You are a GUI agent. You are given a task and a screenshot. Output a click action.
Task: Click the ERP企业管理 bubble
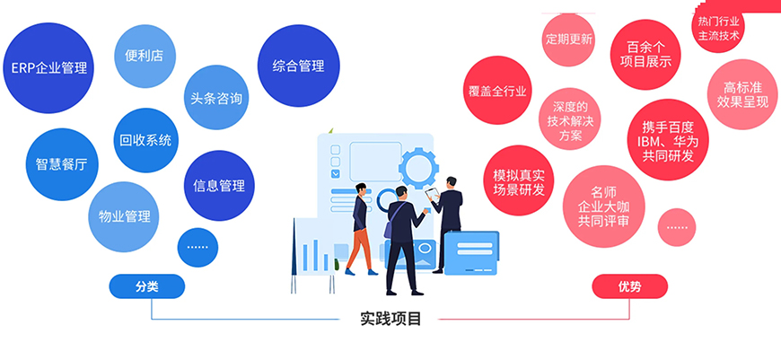click(49, 68)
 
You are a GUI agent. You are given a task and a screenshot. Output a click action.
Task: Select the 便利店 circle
click(145, 56)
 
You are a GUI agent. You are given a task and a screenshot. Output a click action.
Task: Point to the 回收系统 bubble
click(145, 140)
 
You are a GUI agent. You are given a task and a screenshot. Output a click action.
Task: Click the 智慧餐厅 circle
click(61, 164)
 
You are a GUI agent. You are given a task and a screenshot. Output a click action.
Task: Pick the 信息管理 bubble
click(219, 186)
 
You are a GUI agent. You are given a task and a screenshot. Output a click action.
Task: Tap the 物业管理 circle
click(125, 216)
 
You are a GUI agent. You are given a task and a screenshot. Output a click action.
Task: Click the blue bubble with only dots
click(197, 245)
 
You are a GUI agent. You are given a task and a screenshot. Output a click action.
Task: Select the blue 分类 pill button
click(147, 286)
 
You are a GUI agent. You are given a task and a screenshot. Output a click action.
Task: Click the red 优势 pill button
click(630, 286)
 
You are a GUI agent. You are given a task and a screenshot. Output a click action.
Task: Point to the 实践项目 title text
click(390, 318)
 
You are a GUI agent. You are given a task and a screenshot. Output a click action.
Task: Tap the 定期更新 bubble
click(569, 40)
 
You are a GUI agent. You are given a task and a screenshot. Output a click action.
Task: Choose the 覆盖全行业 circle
click(499, 91)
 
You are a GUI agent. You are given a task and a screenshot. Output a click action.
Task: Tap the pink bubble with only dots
click(677, 226)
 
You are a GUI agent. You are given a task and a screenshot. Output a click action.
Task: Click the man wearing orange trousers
click(360, 228)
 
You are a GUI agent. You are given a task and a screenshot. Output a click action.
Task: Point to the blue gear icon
click(416, 167)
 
